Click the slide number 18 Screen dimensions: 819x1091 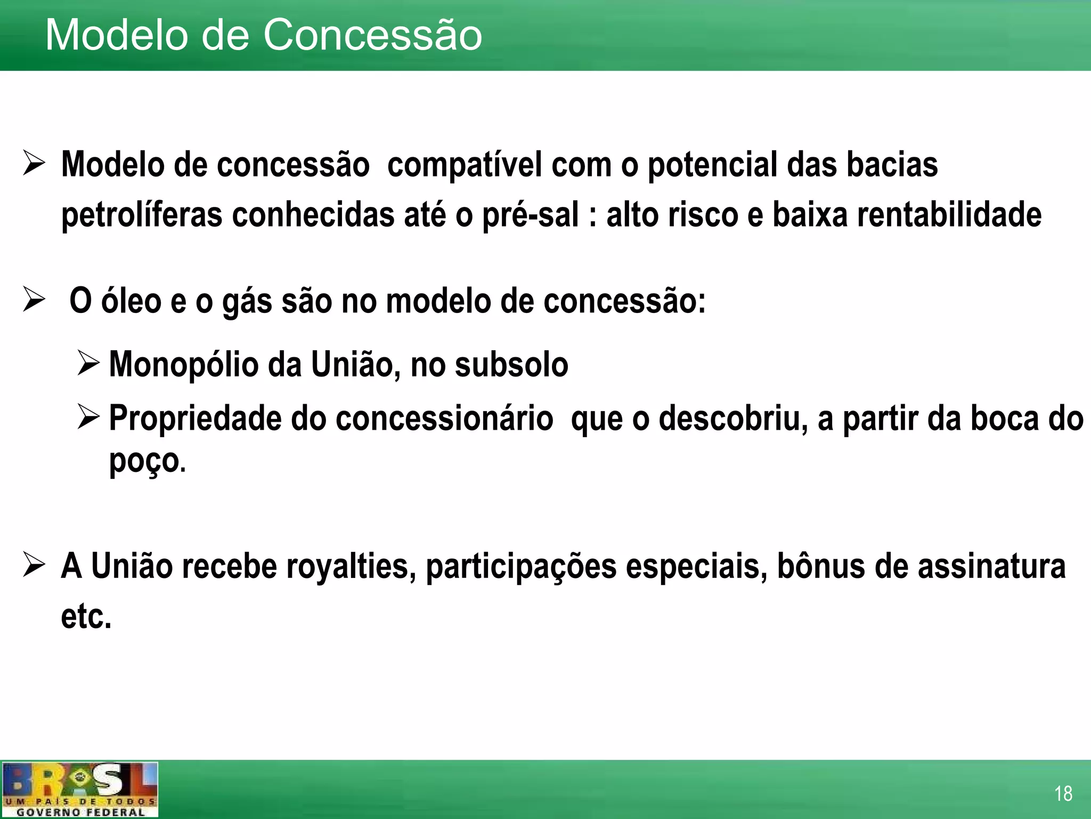tap(1063, 793)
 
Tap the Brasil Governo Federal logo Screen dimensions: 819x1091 tap(80, 789)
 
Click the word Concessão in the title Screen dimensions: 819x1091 tap(372, 35)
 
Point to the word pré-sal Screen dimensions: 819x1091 tap(531, 215)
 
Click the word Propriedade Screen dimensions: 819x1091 tap(195, 419)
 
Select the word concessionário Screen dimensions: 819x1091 tap(444, 418)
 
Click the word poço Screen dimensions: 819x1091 tap(144, 461)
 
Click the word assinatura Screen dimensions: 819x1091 tap(991, 566)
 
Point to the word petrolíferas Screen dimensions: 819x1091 tap(142, 215)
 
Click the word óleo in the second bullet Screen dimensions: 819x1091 tap(131, 301)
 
